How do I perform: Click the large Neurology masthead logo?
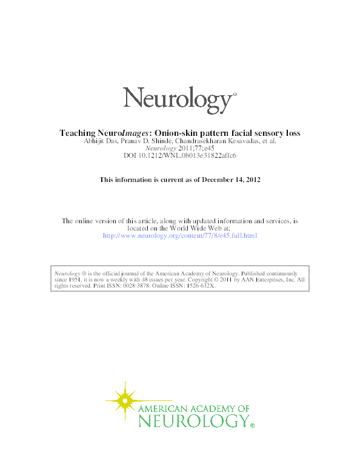(179, 98)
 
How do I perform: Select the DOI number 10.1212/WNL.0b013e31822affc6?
(188, 155)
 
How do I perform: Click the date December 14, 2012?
(233, 180)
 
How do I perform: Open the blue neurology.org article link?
(180, 235)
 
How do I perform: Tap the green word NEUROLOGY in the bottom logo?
(193, 420)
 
